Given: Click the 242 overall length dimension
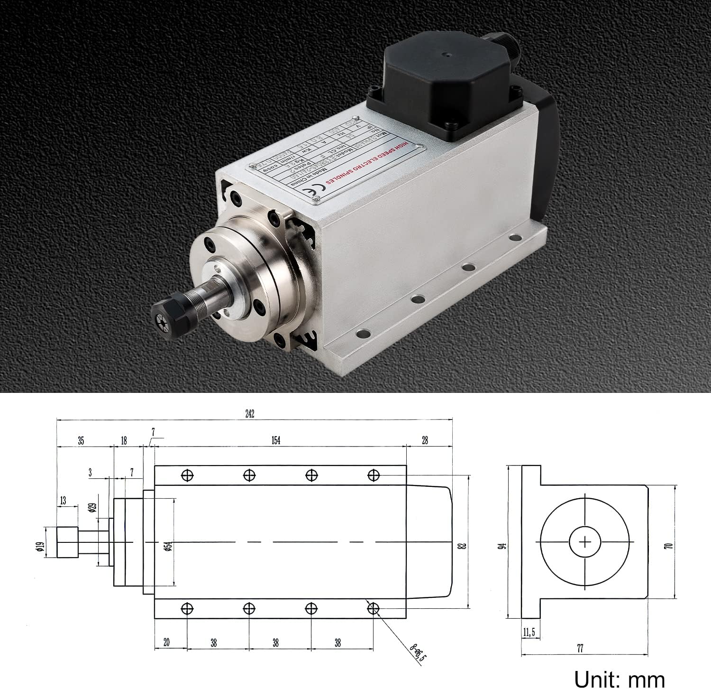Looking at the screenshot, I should [250, 414].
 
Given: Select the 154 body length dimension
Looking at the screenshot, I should [276, 440].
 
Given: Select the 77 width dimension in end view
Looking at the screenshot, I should [580, 648].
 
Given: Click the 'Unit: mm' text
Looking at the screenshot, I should [619, 679].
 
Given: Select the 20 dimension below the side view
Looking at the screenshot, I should [166, 642].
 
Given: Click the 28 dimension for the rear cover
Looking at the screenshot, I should [425, 440].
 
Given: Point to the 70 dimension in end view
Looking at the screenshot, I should [669, 546].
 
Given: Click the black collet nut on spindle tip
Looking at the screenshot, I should [163, 314].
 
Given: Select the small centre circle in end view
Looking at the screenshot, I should [585, 542].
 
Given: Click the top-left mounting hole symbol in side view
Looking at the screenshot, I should [188, 475].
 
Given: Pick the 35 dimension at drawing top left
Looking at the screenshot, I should [81, 440].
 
